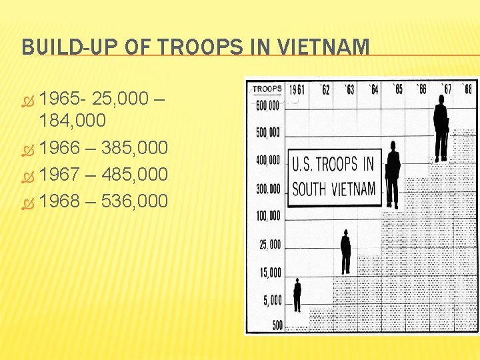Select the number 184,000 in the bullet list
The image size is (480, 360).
click(x=73, y=121)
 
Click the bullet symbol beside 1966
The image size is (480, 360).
click(x=28, y=148)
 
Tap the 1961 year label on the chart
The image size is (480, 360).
click(x=297, y=89)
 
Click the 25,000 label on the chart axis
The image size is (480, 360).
click(x=270, y=244)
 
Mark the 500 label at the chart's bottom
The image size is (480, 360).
click(x=277, y=325)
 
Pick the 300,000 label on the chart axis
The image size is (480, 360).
click(x=269, y=189)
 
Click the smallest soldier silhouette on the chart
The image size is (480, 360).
click(x=297, y=295)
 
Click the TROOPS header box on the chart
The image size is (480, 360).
click(x=267, y=89)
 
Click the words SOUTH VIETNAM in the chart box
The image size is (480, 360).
click(x=334, y=189)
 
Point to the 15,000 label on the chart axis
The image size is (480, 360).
click(x=270, y=272)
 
